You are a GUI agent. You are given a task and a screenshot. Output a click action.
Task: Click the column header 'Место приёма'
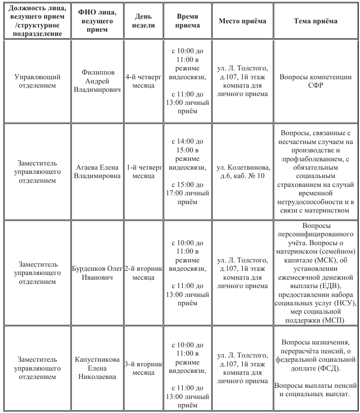tap(242, 21)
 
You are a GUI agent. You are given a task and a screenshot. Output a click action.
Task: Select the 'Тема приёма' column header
tap(316, 21)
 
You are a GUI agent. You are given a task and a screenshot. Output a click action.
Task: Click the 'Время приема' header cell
tap(187, 21)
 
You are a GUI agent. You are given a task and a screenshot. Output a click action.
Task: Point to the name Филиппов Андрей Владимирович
tap(97, 81)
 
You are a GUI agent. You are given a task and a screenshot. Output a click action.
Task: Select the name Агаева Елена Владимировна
tap(97, 172)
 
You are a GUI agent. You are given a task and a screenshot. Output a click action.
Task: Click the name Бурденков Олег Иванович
tap(97, 273)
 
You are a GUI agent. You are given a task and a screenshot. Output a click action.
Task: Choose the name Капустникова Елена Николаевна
tap(97, 368)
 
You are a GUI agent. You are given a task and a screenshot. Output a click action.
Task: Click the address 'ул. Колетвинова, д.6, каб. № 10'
tap(242, 172)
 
